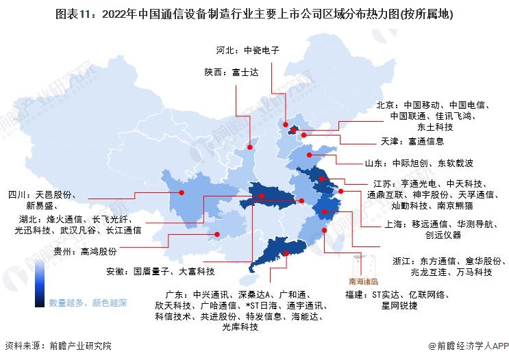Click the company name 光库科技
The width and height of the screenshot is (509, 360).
(x=240, y=327)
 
